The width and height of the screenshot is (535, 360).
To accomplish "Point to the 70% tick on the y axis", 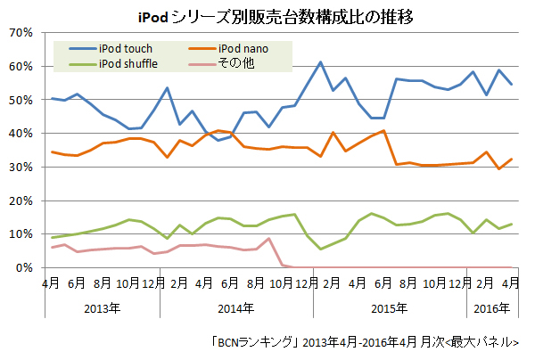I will (21, 33).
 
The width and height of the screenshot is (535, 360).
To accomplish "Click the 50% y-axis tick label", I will (21, 100).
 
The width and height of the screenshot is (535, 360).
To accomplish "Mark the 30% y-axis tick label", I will (21, 167).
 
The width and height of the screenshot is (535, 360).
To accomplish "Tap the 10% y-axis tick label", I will (21, 234).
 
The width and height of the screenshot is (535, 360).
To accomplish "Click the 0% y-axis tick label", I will (23, 267).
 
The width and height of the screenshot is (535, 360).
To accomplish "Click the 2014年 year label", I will (236, 309).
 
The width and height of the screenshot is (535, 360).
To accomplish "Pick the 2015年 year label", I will (391, 309).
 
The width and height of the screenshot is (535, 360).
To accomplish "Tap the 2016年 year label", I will (492, 309).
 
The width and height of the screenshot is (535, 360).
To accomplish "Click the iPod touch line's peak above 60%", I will (320, 62).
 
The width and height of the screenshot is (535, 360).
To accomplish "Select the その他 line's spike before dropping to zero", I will (268, 239).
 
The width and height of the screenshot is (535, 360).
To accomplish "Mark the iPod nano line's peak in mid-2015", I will (383, 131).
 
